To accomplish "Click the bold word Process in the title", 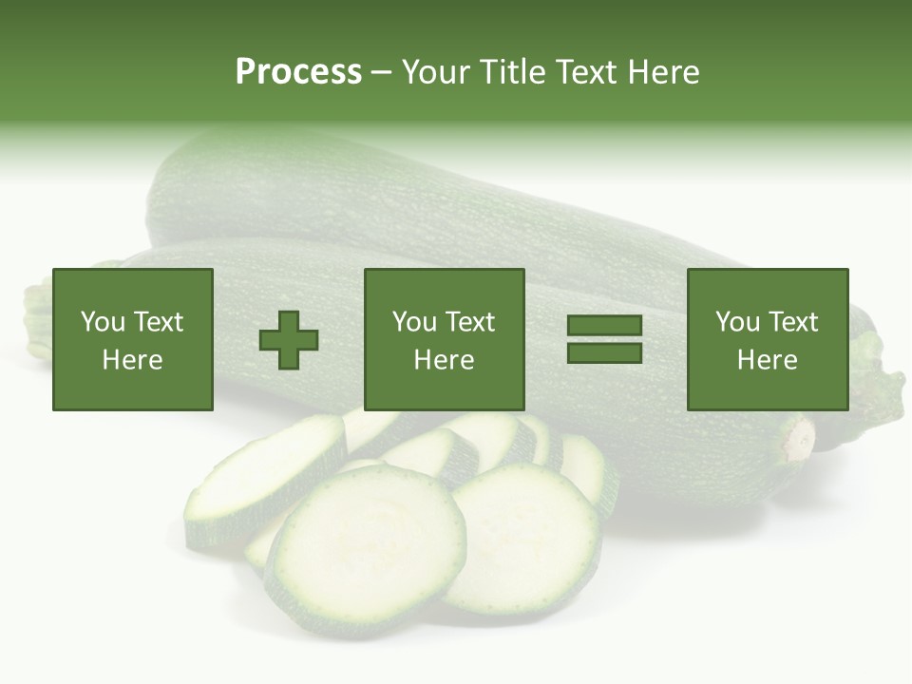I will [x=298, y=71].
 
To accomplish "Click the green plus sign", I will [x=290, y=340].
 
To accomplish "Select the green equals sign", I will [x=604, y=340].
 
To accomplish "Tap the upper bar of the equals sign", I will [x=604, y=327].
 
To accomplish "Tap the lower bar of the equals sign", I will [x=604, y=353].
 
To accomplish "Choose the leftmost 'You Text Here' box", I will [x=133, y=340].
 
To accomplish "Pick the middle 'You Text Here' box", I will [x=445, y=340].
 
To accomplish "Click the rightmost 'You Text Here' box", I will [x=768, y=340].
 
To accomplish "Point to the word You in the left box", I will [x=103, y=322].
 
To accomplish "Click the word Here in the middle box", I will [x=445, y=360].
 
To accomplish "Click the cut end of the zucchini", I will [x=798, y=440].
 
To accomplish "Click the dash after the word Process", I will [x=381, y=71].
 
